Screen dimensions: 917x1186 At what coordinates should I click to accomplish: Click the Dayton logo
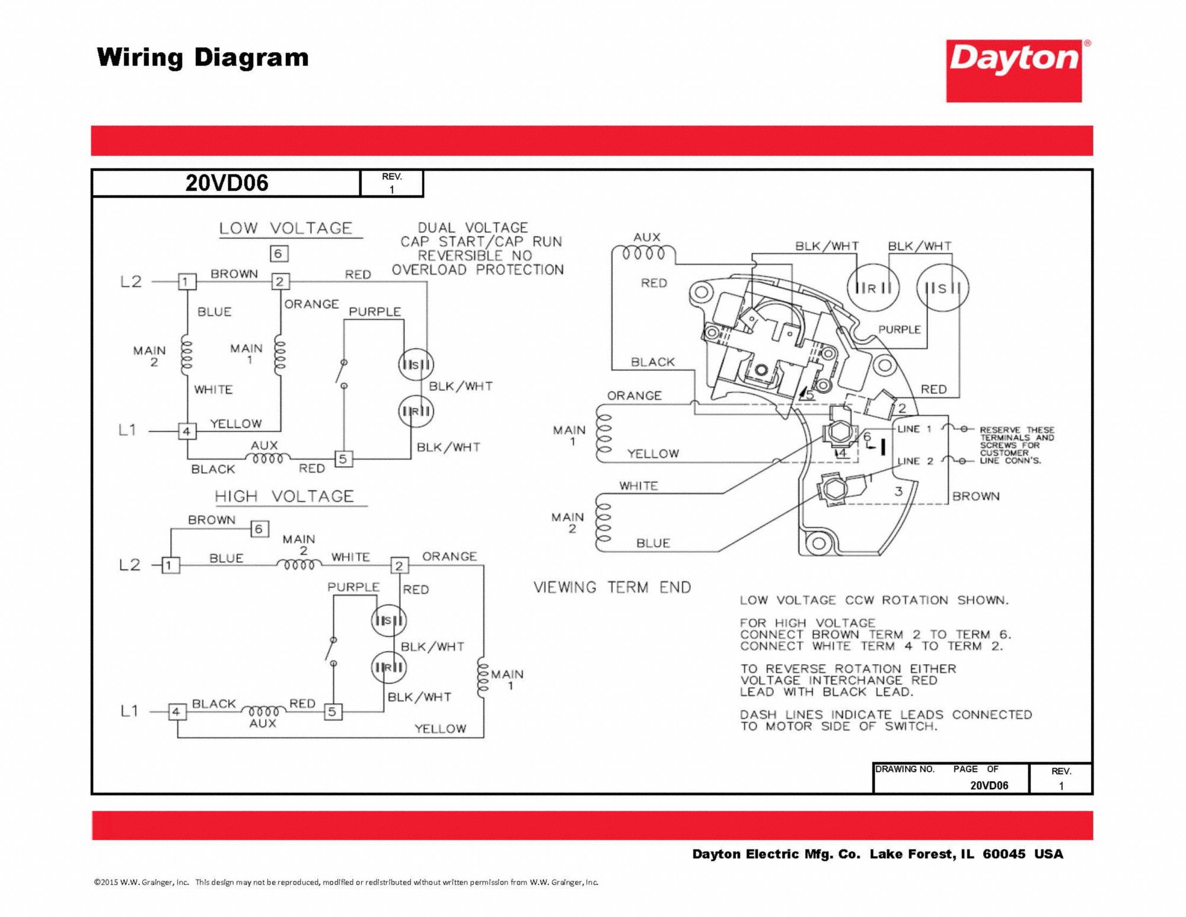click(x=1014, y=71)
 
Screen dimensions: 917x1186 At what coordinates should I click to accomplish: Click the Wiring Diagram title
click(x=203, y=58)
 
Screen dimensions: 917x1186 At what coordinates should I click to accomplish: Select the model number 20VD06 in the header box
click(x=227, y=183)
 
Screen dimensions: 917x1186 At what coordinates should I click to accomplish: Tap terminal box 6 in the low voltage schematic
click(x=279, y=254)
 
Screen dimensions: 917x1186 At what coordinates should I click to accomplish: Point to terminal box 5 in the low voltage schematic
click(x=343, y=458)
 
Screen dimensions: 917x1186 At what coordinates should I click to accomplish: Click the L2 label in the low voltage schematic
click(x=131, y=281)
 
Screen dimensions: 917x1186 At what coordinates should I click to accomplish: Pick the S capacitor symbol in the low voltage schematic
click(x=416, y=364)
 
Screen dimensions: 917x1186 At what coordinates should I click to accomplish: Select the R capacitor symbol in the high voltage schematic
click(x=388, y=667)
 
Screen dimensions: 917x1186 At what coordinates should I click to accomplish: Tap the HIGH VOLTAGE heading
click(x=284, y=496)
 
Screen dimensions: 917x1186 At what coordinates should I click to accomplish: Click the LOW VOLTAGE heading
click(x=285, y=228)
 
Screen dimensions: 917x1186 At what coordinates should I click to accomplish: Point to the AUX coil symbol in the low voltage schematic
click(x=268, y=458)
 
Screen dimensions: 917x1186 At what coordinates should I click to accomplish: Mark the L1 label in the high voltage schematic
click(x=129, y=711)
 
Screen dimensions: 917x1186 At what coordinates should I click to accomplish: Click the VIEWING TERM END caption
click(x=612, y=587)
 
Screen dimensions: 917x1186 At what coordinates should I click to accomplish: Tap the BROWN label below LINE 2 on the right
click(x=975, y=496)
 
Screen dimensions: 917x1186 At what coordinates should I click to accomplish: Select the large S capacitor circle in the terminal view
click(x=942, y=288)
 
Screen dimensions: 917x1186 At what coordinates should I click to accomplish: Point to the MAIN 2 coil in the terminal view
click(x=603, y=523)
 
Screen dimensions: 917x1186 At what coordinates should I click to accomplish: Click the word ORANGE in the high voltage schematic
click(x=449, y=556)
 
